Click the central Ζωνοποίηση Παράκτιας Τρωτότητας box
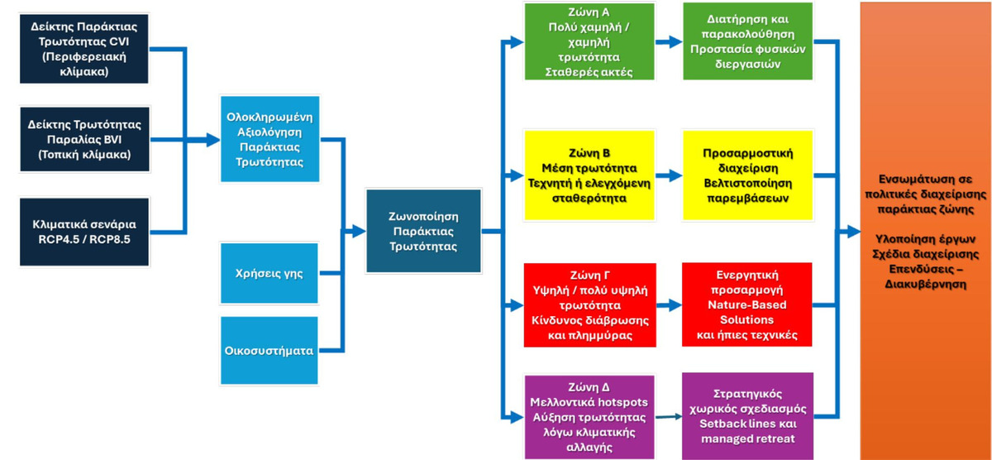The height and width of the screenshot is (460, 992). [x=424, y=231]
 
